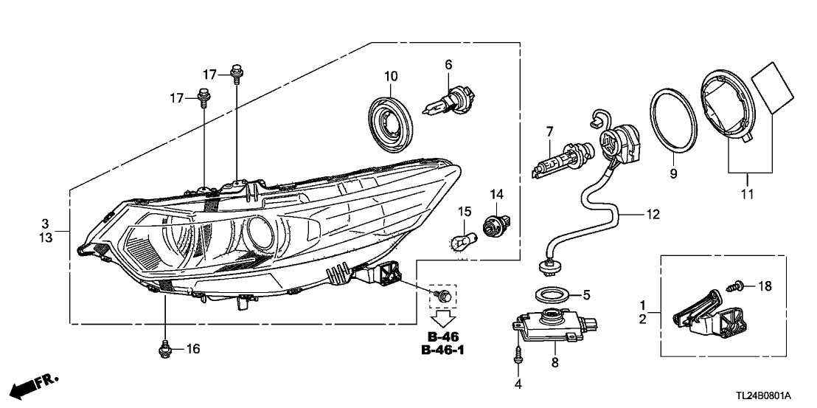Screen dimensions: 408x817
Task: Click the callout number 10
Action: [391, 76]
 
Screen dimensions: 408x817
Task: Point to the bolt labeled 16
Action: [164, 348]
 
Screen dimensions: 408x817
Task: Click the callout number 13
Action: [45, 237]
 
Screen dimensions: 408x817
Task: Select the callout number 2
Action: [643, 319]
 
